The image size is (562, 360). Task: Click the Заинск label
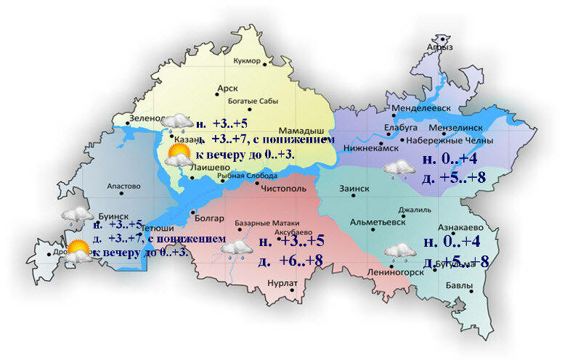(x=355, y=188)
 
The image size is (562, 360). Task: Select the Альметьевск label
(x=377, y=222)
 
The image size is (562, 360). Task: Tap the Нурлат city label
(x=280, y=285)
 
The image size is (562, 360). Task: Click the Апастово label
(x=123, y=186)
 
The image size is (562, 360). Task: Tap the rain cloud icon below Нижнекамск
(x=397, y=170)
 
